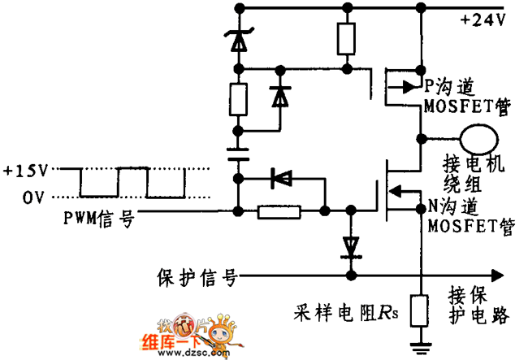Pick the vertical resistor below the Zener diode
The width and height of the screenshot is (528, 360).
pos(238,99)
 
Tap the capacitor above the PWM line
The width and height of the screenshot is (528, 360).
pos(238,154)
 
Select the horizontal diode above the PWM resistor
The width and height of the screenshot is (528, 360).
pos(282,177)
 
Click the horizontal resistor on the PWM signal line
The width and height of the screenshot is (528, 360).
pos(279,212)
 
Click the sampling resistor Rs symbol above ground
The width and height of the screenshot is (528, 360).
pos(420,310)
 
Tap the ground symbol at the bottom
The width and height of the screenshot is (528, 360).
pos(420,349)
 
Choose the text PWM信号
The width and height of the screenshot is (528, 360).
pos(98,218)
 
